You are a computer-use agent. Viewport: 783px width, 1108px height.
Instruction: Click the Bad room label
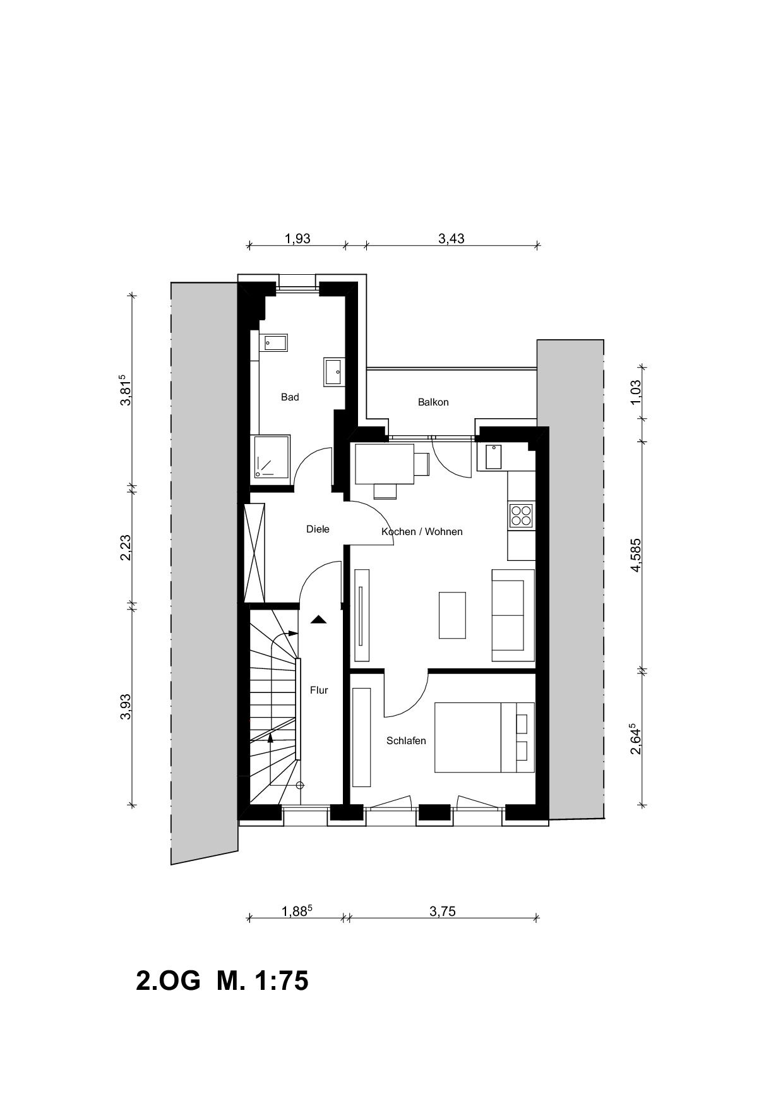pos(290,397)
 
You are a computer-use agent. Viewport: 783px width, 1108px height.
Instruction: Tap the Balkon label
pos(433,402)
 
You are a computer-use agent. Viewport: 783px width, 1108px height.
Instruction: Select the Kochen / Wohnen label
pos(422,532)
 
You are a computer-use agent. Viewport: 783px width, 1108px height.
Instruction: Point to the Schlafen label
pos(406,741)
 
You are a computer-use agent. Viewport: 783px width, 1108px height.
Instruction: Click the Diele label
pos(318,529)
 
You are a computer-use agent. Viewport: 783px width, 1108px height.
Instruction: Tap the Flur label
pos(319,690)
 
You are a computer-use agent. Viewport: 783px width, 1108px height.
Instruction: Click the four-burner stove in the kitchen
pos(521,515)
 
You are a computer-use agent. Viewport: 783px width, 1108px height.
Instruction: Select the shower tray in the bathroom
pos(272,456)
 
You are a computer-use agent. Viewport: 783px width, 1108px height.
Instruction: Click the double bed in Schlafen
pos(484,737)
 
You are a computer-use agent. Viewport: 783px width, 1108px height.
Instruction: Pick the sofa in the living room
pos(513,615)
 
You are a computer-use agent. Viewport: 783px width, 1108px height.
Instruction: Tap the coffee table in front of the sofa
pos(453,615)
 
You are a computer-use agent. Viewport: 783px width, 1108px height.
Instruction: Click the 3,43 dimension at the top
pos(451,239)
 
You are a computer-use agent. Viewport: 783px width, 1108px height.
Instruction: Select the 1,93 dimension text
pos(297,239)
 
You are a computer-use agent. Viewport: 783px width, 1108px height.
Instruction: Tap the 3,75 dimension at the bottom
pos(442,912)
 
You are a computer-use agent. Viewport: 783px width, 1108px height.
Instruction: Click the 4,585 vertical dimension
pos(636,555)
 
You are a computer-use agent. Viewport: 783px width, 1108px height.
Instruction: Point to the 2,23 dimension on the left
pos(126,547)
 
